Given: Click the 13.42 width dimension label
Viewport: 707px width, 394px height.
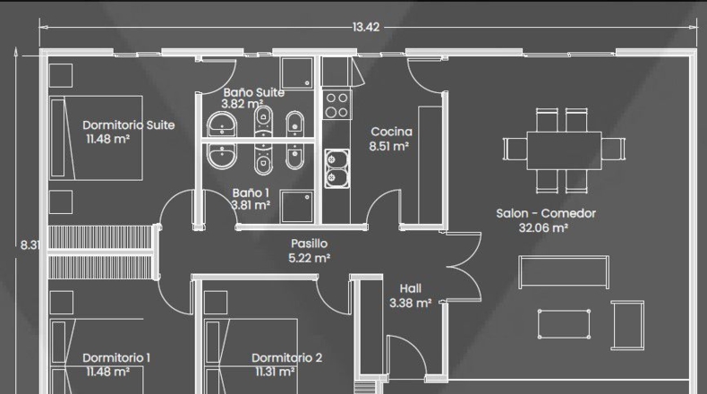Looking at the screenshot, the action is point(366,27).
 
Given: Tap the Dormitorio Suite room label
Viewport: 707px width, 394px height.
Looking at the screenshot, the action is point(129,132).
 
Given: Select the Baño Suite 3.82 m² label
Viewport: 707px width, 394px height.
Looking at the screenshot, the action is point(253,98).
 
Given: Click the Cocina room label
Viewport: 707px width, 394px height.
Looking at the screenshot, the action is point(390,139).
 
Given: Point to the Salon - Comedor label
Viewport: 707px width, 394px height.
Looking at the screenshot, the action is point(546,220).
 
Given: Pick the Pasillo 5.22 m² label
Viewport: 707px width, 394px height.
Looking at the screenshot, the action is point(310,251).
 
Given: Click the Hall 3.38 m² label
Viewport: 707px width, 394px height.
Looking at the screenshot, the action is point(410,295).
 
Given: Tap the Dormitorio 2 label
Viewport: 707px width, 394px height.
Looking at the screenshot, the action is point(286,364).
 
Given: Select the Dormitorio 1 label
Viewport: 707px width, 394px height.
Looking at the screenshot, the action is point(116,364).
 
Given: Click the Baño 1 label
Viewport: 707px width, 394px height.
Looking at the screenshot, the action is point(251,199).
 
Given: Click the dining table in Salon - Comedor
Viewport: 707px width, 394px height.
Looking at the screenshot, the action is point(564,150).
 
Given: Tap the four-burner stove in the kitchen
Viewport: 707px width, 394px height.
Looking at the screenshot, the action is point(336,105).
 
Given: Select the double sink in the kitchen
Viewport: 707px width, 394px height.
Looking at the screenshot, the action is point(336,168).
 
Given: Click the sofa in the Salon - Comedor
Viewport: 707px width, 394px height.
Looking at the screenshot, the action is point(564,271).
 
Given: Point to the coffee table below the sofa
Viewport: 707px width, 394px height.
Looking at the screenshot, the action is point(564,323).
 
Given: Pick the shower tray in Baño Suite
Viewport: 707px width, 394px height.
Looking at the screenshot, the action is point(296,73).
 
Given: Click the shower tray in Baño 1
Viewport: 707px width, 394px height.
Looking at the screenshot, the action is point(297,207).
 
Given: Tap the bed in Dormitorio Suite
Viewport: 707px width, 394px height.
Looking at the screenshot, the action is point(96,138).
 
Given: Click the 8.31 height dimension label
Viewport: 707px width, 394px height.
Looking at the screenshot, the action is point(30,244).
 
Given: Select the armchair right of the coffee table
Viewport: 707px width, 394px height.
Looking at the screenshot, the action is point(627,325).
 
